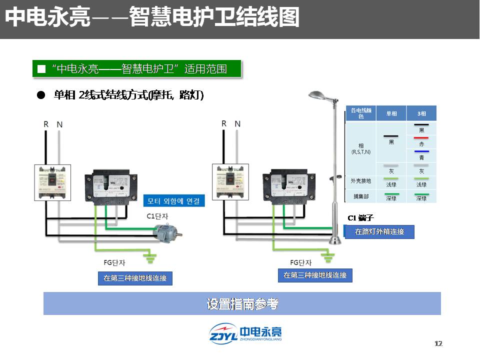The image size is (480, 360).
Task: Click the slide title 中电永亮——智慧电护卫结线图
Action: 152,18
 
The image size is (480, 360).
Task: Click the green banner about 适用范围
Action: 137,69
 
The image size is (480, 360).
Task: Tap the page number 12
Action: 438,343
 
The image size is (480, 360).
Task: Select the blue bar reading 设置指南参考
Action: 242,303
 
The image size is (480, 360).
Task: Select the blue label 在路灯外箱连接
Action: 379,232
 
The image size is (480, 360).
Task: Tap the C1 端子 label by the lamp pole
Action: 360,218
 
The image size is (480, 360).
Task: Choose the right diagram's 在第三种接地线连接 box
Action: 315,275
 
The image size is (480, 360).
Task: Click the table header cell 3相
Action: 421,113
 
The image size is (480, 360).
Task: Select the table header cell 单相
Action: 391,113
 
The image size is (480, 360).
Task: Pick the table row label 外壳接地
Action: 361,181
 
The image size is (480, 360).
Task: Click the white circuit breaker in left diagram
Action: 52,182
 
